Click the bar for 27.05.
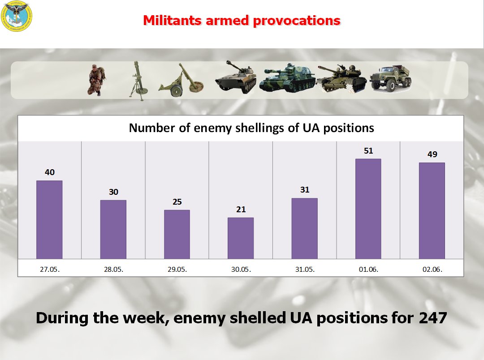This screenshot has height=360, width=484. click(x=49, y=219)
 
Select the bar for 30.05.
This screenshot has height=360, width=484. click(x=241, y=238)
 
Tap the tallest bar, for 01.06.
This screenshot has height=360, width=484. click(x=368, y=209)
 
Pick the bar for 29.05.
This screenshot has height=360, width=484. click(x=177, y=234)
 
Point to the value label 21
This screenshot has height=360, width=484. click(x=241, y=210)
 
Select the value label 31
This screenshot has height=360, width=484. click(x=304, y=190)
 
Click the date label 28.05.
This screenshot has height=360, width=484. click(x=113, y=270)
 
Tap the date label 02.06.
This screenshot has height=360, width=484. click(x=432, y=270)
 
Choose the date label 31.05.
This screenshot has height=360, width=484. click(x=304, y=270)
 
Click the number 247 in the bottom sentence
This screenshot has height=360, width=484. click(x=433, y=318)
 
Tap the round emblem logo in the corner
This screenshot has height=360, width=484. click(x=17, y=17)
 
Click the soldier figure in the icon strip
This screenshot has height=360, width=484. click(x=95, y=80)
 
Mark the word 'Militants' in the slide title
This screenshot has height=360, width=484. click(x=172, y=20)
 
